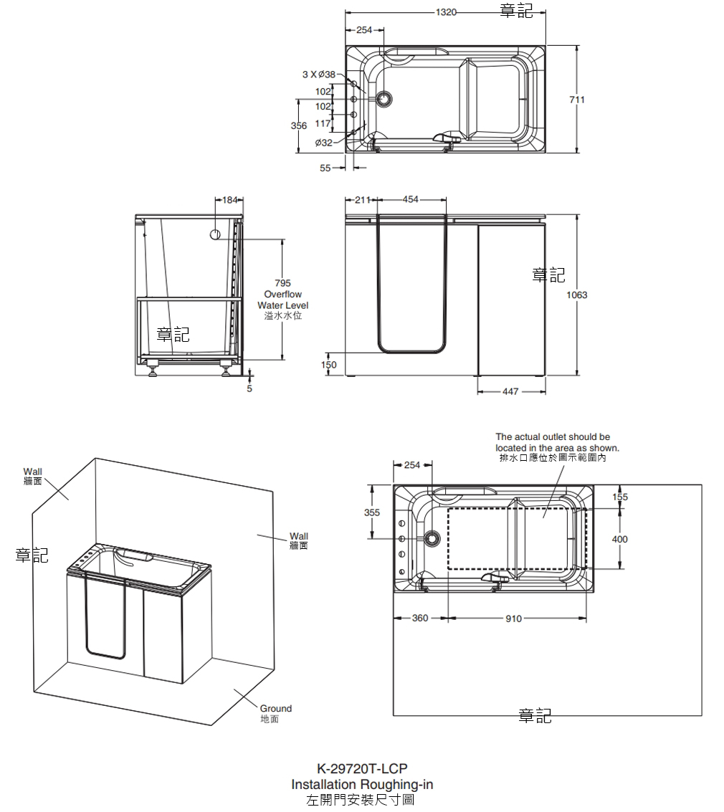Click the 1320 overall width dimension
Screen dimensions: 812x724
pyautogui.click(x=447, y=12)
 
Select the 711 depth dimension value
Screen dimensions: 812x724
pyautogui.click(x=577, y=100)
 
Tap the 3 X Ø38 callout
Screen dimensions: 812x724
pyautogui.click(x=318, y=75)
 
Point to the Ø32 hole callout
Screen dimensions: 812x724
pyautogui.click(x=324, y=143)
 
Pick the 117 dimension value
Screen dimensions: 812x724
pyautogui.click(x=323, y=123)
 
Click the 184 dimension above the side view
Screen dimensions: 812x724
pyautogui.click(x=229, y=200)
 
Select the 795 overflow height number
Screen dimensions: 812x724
pyautogui.click(x=282, y=284)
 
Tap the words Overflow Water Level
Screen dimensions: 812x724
pyautogui.click(x=282, y=300)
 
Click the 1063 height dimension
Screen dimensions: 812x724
pyautogui.click(x=576, y=295)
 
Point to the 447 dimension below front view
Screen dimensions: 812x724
pyautogui.click(x=510, y=391)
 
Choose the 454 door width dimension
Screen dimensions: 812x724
pyautogui.click(x=411, y=200)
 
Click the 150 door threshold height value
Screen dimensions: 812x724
pyautogui.click(x=328, y=365)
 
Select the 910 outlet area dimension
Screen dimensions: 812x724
pyautogui.click(x=513, y=618)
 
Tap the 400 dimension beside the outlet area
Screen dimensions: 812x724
pyautogui.click(x=620, y=539)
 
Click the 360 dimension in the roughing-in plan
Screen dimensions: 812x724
pyautogui.click(x=420, y=618)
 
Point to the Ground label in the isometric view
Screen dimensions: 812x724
pyautogui.click(x=275, y=709)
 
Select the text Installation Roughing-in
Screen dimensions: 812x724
pyautogui.click(x=362, y=784)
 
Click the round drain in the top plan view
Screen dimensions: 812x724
pyautogui.click(x=384, y=99)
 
